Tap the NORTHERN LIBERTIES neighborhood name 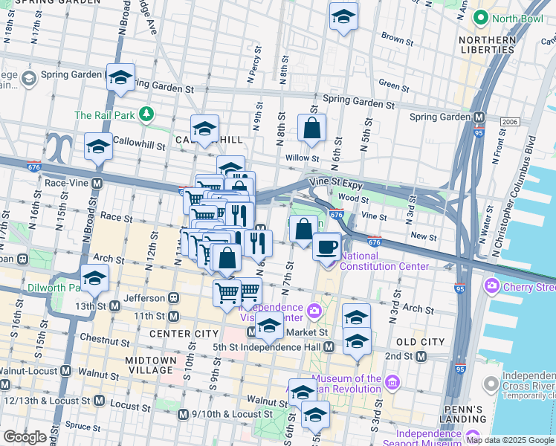487,45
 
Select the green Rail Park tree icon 147,114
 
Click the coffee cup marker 326,246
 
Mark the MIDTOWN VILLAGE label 151,365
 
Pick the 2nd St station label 400,356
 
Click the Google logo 25,437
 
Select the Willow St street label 302,158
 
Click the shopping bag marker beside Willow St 311,128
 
